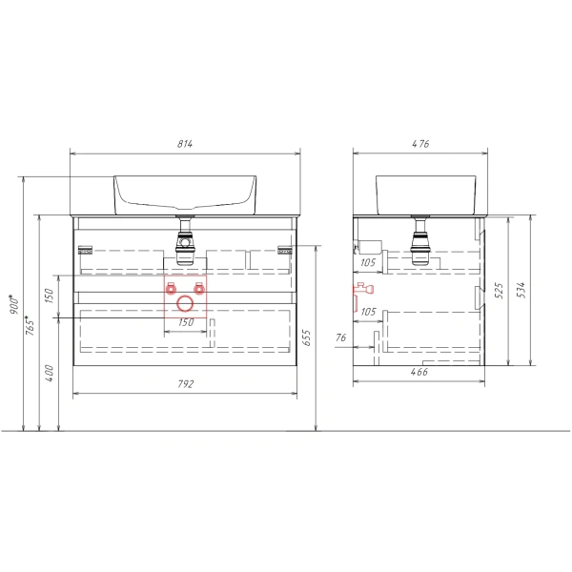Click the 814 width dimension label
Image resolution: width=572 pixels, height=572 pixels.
tap(185, 144)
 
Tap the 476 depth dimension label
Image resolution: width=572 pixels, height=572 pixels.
tap(420, 144)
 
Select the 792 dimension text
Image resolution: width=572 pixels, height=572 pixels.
tap(186, 384)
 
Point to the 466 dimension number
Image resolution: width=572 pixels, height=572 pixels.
tap(419, 372)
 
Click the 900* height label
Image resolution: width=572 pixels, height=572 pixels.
tap(14, 304)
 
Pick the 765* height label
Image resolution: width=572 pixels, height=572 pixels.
tap(30, 325)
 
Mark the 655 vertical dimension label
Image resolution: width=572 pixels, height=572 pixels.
tap(306, 337)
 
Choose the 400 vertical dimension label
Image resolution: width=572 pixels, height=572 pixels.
tap(50, 373)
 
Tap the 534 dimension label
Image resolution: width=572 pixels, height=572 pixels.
tap(521, 290)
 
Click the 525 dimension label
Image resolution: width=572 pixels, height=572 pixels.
tap(499, 290)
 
